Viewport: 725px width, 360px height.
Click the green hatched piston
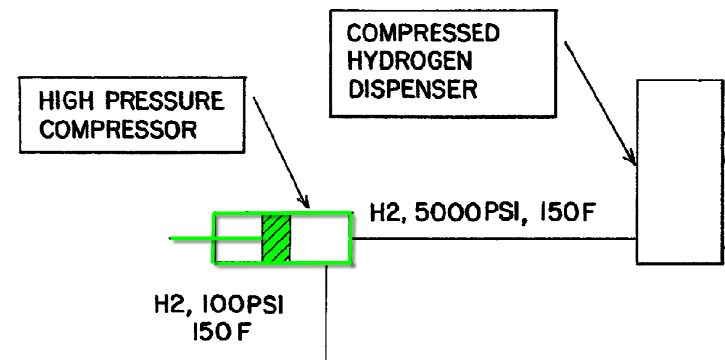pos(276,238)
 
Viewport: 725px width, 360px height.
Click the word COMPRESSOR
pos(118,129)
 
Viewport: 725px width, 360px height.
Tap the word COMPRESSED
pos(423,34)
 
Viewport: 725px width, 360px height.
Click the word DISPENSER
pos(412,89)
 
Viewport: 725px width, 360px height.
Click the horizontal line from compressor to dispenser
pos(494,239)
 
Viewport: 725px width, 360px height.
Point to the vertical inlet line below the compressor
pos(327,311)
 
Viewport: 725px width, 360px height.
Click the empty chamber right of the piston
pos(320,238)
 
